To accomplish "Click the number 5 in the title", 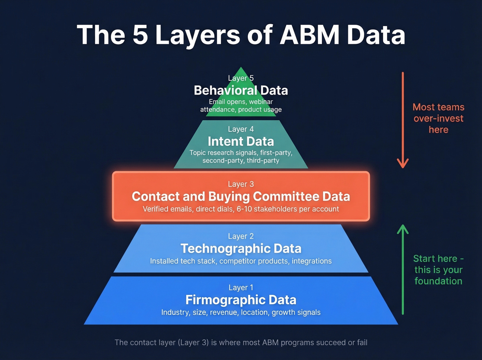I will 140,35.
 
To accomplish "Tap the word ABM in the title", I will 310,35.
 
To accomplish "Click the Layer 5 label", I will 241,78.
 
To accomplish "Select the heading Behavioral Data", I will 241,91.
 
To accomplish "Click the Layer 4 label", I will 241,129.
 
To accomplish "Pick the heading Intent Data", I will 241,142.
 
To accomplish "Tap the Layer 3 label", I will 241,184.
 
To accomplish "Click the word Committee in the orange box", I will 286,197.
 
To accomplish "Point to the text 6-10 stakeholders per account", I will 288,209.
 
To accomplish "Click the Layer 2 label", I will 241,236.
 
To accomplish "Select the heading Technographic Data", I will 241,249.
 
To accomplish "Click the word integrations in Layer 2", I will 312,261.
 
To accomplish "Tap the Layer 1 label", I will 241,288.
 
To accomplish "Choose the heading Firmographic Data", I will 241,300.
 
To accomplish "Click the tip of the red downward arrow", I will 402,167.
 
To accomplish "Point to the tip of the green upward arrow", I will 402,226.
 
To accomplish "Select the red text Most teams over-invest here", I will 438,119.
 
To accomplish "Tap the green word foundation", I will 438,281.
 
